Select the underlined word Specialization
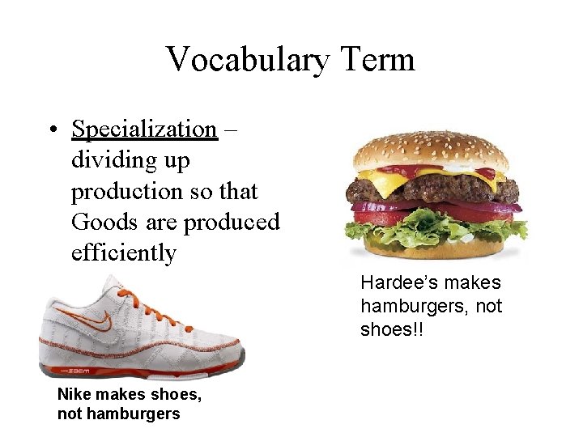pyautogui.click(x=144, y=129)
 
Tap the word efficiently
pyautogui.click(x=123, y=252)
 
